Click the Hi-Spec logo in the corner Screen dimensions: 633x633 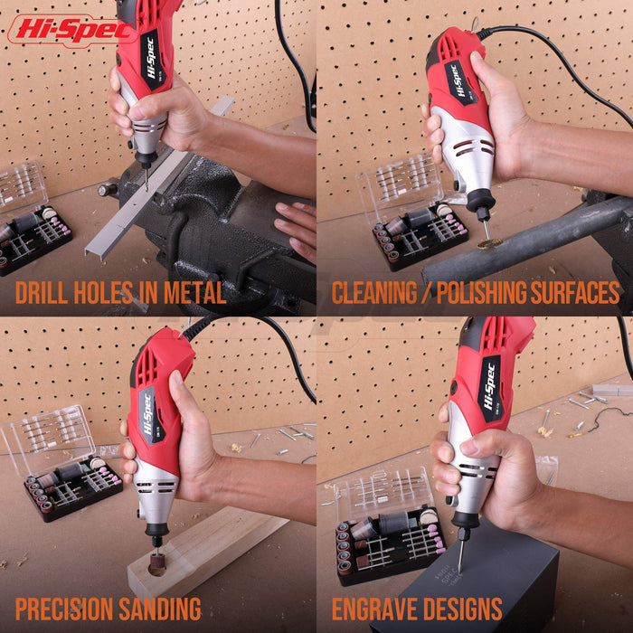71,30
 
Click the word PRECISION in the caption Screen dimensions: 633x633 64,609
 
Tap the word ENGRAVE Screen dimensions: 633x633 369,609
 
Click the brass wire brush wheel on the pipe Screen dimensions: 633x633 490,243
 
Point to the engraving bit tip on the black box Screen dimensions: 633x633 459,572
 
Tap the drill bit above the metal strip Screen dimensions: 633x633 146,178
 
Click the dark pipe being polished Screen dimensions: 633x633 524,241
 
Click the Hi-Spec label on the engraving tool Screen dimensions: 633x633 491,388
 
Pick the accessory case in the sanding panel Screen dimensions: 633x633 61,463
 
